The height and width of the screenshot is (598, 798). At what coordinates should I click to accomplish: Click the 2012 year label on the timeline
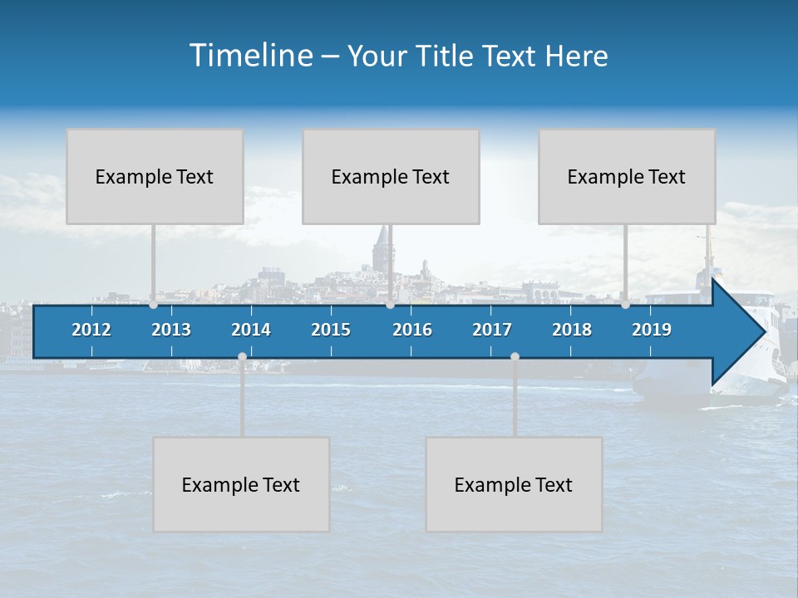tap(91, 330)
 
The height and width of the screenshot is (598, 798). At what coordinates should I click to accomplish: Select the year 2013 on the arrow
tap(171, 330)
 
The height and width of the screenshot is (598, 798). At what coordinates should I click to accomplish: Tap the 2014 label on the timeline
tap(251, 330)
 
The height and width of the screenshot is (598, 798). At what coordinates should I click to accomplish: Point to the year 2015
tap(331, 330)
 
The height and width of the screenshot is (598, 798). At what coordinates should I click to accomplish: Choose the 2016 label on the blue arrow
tap(412, 330)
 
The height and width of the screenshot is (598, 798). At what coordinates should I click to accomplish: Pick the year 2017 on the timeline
tap(492, 330)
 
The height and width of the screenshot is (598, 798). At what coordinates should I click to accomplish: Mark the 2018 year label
tap(572, 330)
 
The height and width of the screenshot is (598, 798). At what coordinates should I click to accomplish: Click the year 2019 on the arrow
tap(652, 330)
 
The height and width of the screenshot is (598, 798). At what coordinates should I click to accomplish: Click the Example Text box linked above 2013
tap(155, 176)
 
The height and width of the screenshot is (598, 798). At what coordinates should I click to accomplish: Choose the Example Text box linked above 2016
tap(391, 176)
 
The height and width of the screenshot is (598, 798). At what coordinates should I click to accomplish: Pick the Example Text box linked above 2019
tap(627, 176)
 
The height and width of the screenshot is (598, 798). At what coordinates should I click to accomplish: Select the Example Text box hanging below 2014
tap(241, 484)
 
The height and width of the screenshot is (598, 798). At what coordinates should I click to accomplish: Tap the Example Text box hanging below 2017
tap(514, 484)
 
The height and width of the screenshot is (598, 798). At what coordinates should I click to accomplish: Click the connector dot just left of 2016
tap(390, 305)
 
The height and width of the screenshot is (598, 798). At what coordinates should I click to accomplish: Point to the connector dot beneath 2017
tap(515, 356)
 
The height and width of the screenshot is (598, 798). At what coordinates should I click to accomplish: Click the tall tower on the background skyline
tap(382, 245)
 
